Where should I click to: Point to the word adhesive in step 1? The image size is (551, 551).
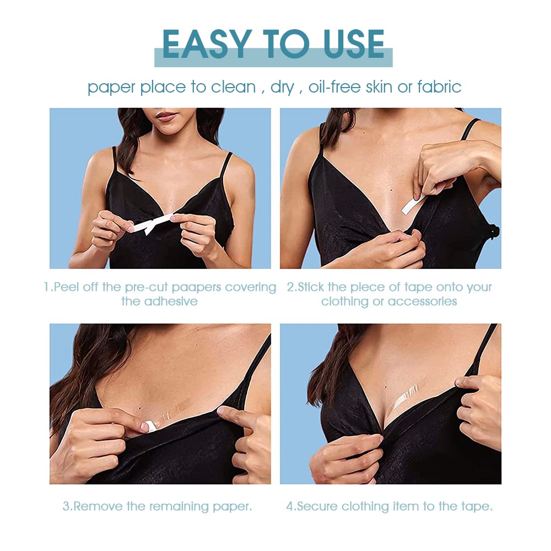(x=171, y=301)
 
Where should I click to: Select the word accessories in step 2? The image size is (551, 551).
(x=422, y=301)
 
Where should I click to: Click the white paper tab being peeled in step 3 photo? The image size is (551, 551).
(x=144, y=425)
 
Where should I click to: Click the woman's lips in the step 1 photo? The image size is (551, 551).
(x=167, y=116)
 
